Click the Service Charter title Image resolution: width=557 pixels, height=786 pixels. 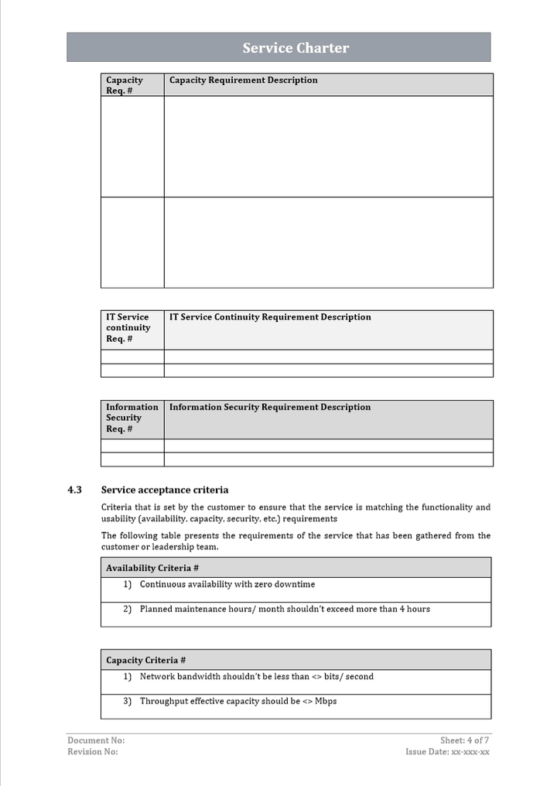click(x=296, y=48)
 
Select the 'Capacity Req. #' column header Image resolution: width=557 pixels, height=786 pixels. click(x=125, y=85)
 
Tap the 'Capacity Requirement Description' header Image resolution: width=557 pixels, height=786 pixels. click(x=244, y=80)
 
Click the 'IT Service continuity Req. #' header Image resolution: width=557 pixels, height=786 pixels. click(x=128, y=328)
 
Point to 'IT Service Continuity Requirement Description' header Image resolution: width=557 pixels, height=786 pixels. click(x=270, y=317)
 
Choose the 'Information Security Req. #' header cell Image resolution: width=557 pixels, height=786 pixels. click(x=132, y=418)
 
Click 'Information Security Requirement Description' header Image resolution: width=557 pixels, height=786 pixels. click(x=270, y=408)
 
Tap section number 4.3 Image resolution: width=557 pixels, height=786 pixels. click(x=74, y=490)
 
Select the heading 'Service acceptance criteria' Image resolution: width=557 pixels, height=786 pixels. click(x=165, y=490)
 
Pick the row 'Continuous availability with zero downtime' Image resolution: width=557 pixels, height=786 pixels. click(x=227, y=585)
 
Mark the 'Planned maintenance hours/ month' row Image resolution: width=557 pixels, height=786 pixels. click(x=285, y=610)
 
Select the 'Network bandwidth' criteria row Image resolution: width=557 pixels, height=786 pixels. click(x=256, y=677)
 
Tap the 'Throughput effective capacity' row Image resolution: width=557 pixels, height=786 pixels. click(x=237, y=702)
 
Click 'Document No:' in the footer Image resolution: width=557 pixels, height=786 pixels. click(x=96, y=740)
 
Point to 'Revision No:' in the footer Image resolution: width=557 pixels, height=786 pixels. click(x=93, y=752)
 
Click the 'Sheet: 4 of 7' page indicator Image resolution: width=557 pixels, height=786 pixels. click(x=464, y=740)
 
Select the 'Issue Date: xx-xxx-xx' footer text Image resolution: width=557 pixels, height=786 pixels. click(x=447, y=752)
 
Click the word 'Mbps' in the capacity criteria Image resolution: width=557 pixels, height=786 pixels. click(x=326, y=702)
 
